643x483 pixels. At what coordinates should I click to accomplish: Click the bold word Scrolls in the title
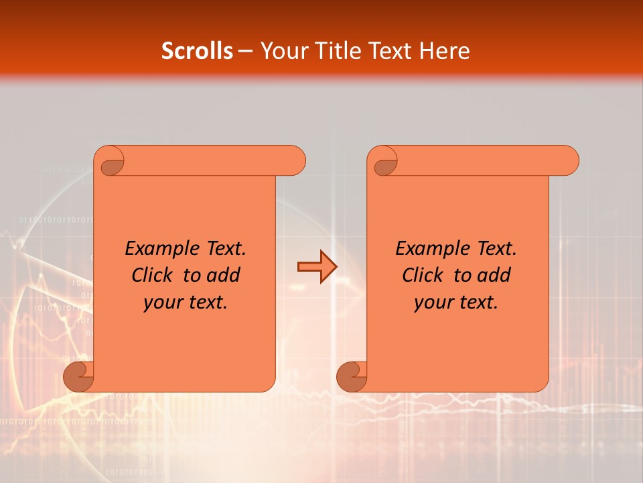(x=198, y=51)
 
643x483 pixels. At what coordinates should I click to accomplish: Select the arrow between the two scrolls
(x=317, y=268)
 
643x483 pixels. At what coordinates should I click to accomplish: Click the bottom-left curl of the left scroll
(x=78, y=377)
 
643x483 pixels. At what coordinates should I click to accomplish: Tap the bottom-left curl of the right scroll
(x=352, y=377)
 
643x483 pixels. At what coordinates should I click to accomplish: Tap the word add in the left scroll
(x=224, y=275)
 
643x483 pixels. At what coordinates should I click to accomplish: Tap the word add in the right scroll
(x=494, y=275)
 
